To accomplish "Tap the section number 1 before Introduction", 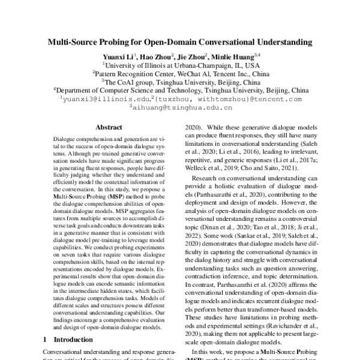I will point(46,340).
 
